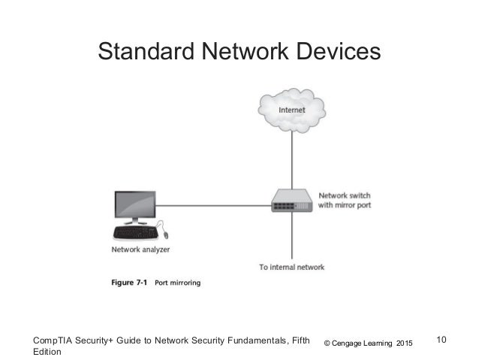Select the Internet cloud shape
click(x=291, y=110)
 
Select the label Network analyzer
click(x=140, y=250)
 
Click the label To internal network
click(x=292, y=268)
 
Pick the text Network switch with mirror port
click(x=345, y=200)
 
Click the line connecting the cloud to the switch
click(x=291, y=162)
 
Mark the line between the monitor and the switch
click(x=214, y=204)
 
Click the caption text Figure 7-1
click(x=129, y=283)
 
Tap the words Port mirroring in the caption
click(x=177, y=283)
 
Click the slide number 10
click(x=441, y=340)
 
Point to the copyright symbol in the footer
click(x=327, y=343)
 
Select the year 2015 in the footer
click(x=404, y=343)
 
